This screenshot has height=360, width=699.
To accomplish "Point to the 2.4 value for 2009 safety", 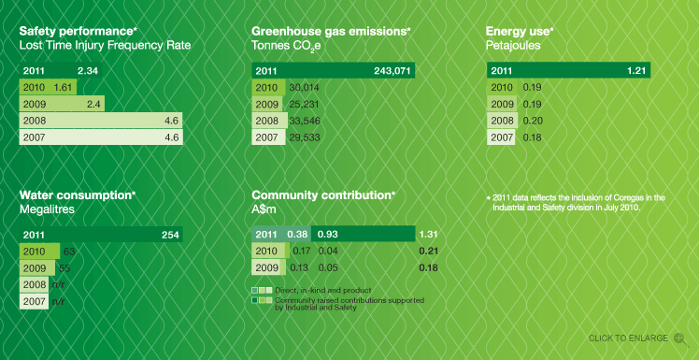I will point(93,104).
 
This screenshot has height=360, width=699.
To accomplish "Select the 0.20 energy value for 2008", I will point(532,121).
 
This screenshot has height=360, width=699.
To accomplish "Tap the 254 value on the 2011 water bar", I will point(170,235).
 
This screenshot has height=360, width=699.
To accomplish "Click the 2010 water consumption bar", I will point(38,252).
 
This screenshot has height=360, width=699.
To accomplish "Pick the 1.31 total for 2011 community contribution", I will point(429,235).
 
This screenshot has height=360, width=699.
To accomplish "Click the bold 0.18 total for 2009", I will point(429,267).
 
